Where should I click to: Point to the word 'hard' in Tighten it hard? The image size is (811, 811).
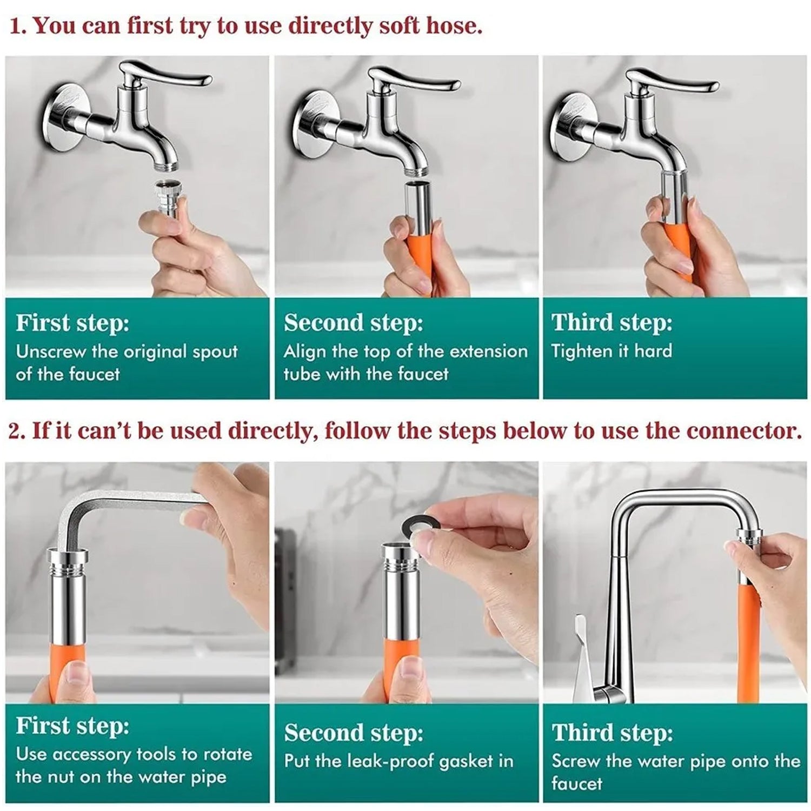[x=653, y=351]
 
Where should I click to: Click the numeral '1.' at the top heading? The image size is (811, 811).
[x=18, y=26]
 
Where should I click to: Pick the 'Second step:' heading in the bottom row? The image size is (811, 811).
[x=354, y=733]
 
